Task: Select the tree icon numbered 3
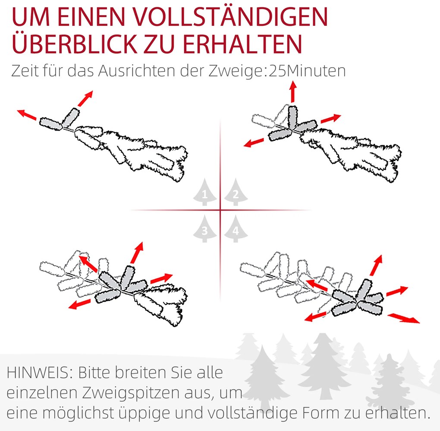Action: point(205,229)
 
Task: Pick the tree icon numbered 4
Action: point(236,229)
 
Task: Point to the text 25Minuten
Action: point(307,71)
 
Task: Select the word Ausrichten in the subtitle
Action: point(137,71)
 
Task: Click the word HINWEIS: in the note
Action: point(40,373)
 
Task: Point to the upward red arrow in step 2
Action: point(293,92)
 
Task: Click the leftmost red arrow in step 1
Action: point(27,115)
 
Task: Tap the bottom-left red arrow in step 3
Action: point(80,304)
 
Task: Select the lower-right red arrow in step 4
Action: point(403,318)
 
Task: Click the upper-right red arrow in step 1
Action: point(85,98)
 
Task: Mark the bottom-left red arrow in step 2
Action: point(254,143)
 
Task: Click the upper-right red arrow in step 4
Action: point(376,265)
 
